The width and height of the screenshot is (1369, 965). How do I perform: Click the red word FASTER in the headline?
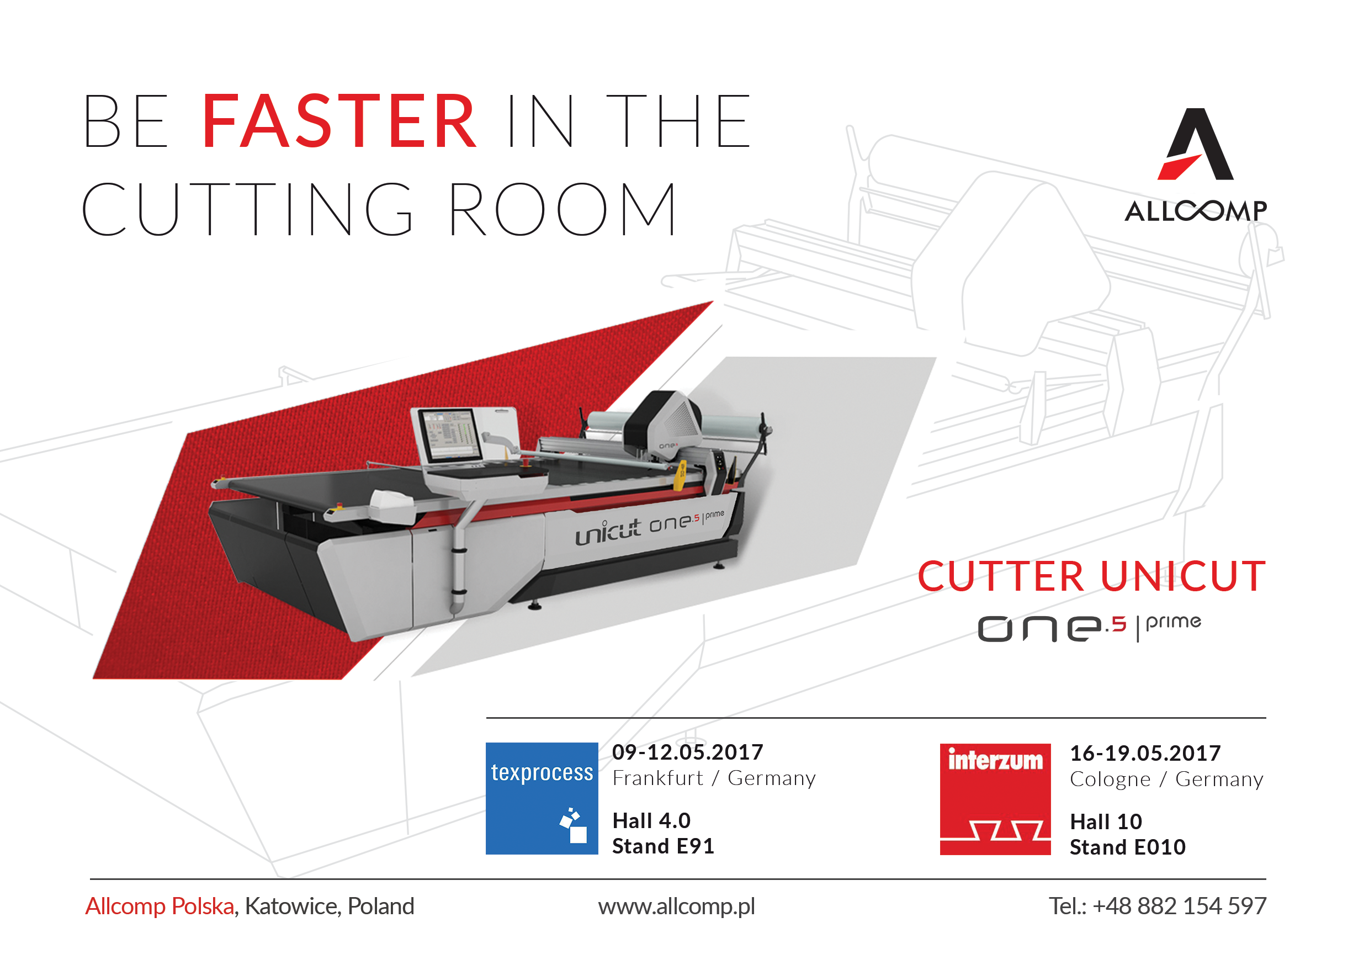pyautogui.click(x=339, y=121)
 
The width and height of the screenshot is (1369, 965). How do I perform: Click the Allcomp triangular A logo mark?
pyautogui.click(x=1196, y=144)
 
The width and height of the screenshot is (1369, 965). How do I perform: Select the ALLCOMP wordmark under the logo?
pyautogui.click(x=1196, y=211)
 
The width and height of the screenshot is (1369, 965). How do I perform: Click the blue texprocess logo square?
pyautogui.click(x=542, y=798)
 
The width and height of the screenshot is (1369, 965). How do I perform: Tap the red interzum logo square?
pyautogui.click(x=995, y=799)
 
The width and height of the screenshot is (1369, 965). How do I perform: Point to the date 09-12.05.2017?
pyautogui.click(x=687, y=752)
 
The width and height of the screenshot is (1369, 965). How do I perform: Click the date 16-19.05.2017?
pyautogui.click(x=1145, y=753)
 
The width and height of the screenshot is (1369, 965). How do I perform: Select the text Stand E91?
pyautogui.click(x=663, y=846)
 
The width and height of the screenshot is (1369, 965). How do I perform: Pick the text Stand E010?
pyautogui.click(x=1128, y=847)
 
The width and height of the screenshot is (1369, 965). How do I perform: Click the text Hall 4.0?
pyautogui.click(x=651, y=821)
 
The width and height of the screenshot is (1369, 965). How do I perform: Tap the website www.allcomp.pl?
pyautogui.click(x=677, y=906)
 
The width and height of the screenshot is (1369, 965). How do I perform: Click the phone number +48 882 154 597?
pyautogui.click(x=1180, y=906)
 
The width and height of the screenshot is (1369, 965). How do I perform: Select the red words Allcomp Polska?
pyautogui.click(x=160, y=906)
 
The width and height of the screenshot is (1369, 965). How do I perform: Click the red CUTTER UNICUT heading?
pyautogui.click(x=1091, y=576)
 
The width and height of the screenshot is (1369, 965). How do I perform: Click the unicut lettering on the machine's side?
pyautogui.click(x=608, y=532)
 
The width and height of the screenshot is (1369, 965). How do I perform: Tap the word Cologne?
pyautogui.click(x=1110, y=780)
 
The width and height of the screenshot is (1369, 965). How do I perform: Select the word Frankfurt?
pyautogui.click(x=657, y=778)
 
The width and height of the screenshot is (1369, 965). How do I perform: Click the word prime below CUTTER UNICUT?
pyautogui.click(x=1174, y=623)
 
